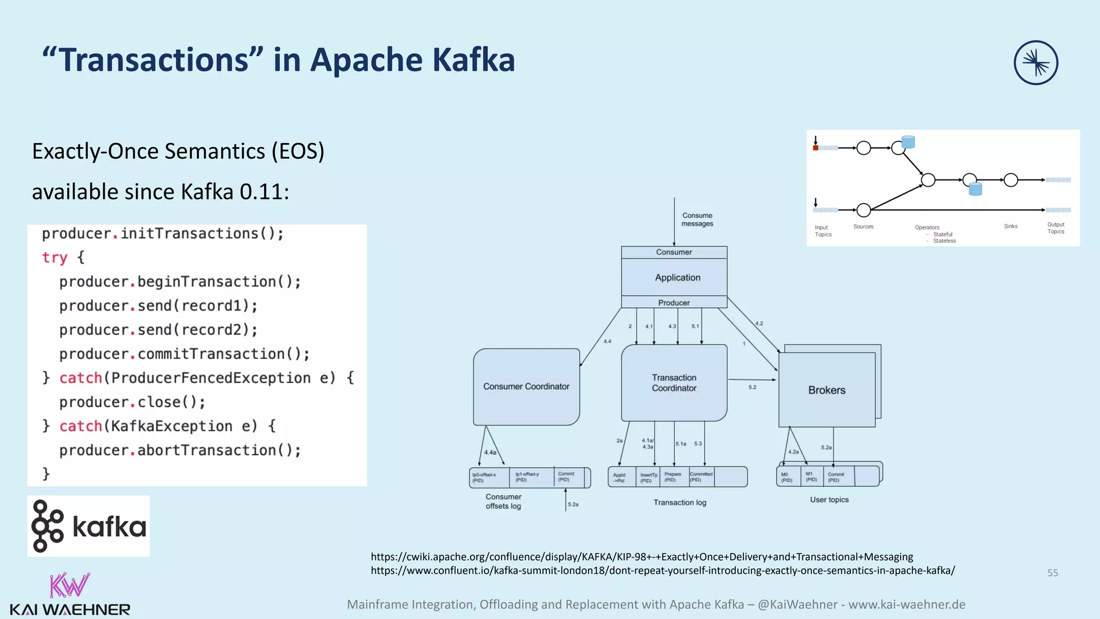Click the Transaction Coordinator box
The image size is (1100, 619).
(674, 383)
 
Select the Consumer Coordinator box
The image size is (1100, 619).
(526, 386)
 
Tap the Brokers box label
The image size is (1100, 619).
(827, 390)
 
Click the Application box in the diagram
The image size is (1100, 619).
(677, 277)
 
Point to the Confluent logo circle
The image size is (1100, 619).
(1036, 63)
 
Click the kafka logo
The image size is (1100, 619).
(89, 526)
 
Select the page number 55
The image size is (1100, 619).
(1052, 573)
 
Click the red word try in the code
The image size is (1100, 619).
(54, 257)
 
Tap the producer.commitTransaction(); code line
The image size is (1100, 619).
(184, 354)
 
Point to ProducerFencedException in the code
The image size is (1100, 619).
(211, 378)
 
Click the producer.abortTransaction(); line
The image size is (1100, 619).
(180, 450)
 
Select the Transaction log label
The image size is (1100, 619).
(679, 502)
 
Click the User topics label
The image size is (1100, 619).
(829, 500)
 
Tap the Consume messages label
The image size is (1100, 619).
(697, 219)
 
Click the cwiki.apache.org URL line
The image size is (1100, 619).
(641, 557)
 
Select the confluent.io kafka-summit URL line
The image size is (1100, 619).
(662, 571)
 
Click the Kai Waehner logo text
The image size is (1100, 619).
(70, 609)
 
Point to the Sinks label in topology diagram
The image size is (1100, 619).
(1010, 226)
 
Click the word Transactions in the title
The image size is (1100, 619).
(153, 60)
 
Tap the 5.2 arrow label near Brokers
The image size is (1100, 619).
(752, 387)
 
